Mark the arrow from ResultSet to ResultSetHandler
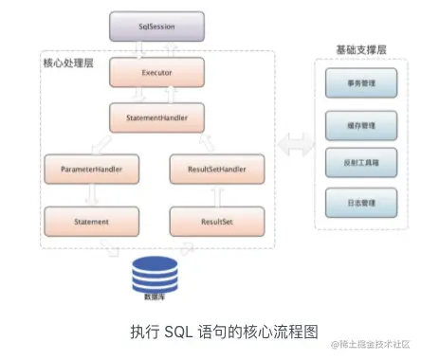tap(217, 196)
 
